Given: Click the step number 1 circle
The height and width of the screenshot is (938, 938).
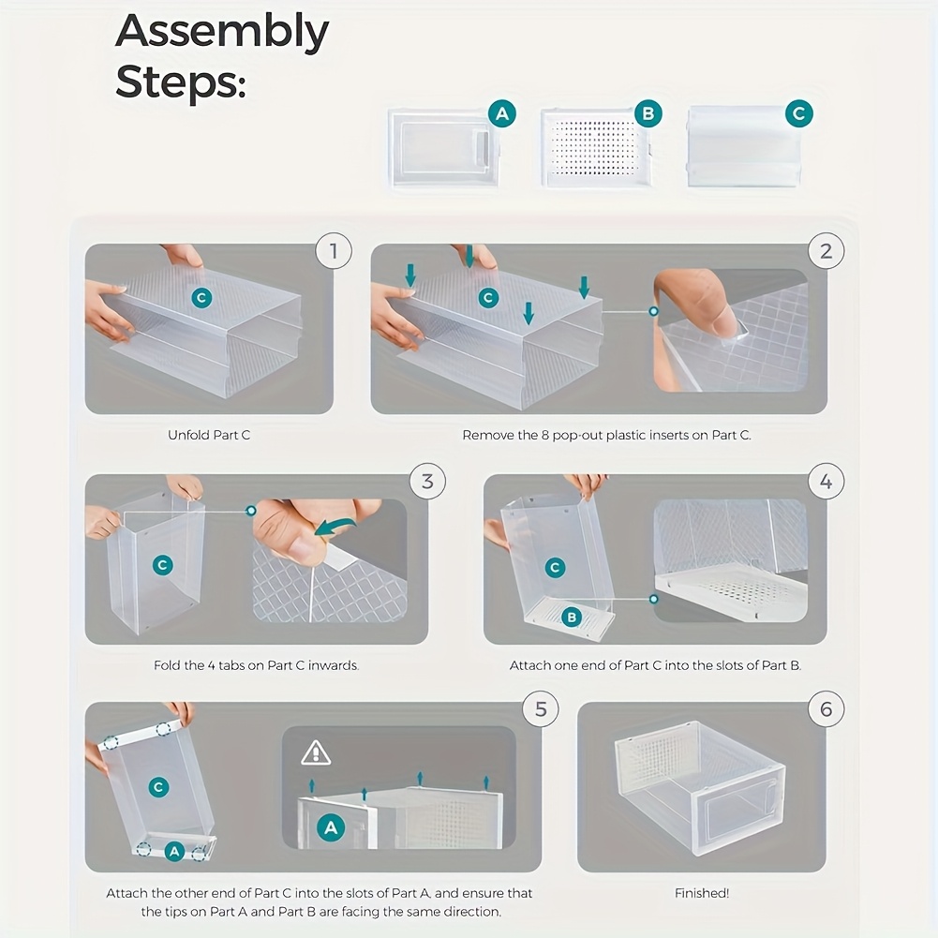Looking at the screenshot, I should pos(334,251).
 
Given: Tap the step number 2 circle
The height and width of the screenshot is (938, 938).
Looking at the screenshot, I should pos(826,251).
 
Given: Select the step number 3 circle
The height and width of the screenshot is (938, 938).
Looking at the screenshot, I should pos(427,482).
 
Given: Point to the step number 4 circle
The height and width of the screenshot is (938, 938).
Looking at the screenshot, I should pos(826,482).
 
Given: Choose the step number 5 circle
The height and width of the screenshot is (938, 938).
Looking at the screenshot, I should pos(541,709).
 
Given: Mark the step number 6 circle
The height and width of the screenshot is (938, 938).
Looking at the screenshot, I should pos(826,709).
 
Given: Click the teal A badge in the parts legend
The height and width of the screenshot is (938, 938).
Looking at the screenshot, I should pos(502,114).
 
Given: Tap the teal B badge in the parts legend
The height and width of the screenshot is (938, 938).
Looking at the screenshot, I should pos(648,114).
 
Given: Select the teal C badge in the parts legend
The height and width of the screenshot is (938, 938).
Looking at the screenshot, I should pos(798,114).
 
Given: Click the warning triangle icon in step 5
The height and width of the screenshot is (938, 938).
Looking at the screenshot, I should pos(316,752).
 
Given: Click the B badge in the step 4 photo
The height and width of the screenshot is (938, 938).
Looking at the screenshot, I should pos(572,617).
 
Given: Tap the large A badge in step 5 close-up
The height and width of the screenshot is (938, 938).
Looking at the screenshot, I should pos(329,826).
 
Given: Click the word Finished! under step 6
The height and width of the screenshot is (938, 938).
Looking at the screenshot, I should pos(702,893).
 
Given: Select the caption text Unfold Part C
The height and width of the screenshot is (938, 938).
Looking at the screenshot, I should pos(209,435).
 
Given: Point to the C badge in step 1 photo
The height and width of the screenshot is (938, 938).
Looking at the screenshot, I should pos(201,298).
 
